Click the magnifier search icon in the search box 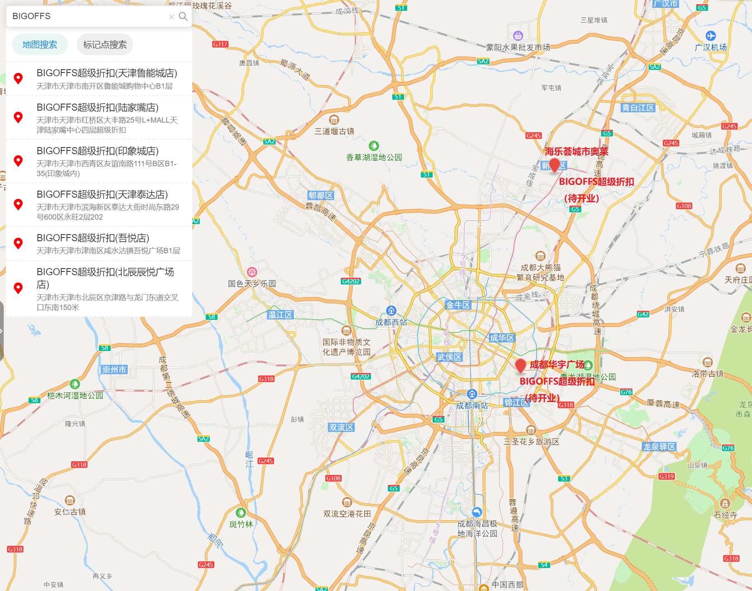[183, 17]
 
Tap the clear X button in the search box [171, 17]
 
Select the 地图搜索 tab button [40, 45]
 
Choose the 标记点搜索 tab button [105, 45]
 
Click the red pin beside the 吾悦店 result [18, 243]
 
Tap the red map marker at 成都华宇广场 [520, 366]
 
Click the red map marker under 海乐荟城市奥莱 [554, 166]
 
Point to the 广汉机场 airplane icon [711, 36]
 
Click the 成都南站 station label [472, 405]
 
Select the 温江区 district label [280, 315]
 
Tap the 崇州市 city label [114, 369]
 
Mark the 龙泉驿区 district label [659, 446]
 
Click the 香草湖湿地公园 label [374, 157]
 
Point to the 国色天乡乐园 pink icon [252, 272]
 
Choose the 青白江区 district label [638, 108]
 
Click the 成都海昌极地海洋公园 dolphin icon [477, 512]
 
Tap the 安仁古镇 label [70, 512]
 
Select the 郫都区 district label [320, 195]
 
